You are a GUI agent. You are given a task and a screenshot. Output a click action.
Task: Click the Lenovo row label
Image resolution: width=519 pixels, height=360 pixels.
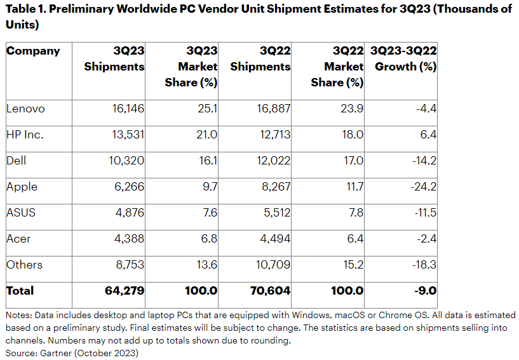25,109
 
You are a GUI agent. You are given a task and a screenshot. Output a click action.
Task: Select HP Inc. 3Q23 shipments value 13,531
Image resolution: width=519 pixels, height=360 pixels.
127,135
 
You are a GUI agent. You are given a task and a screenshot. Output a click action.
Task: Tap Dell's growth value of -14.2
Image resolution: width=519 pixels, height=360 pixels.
423,161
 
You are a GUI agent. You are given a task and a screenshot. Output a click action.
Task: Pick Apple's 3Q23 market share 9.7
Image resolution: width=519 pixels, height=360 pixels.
208,187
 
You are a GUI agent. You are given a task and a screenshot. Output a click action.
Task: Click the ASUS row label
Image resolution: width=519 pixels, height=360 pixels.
21,213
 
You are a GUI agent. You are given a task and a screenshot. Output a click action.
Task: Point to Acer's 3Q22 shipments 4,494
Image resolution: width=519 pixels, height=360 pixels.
273,239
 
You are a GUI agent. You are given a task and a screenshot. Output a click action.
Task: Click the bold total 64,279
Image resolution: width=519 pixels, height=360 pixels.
125,291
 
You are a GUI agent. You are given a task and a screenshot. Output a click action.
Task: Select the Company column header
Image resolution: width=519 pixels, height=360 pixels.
33,51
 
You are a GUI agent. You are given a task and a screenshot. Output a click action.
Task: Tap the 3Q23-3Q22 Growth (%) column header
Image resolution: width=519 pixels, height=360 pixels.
403,58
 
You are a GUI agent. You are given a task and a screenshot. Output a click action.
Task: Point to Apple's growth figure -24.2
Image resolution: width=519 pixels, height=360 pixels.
422,187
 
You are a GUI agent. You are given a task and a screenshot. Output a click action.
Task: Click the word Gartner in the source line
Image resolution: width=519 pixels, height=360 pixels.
55,353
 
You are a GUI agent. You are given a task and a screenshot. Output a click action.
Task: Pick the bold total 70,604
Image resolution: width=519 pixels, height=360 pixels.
270,291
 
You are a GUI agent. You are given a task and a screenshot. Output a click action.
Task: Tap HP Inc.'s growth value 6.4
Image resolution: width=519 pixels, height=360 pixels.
428,135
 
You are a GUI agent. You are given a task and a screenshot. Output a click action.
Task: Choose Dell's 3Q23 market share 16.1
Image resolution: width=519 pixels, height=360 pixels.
208,161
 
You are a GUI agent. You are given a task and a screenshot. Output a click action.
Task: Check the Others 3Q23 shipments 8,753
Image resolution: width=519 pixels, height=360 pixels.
129,265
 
